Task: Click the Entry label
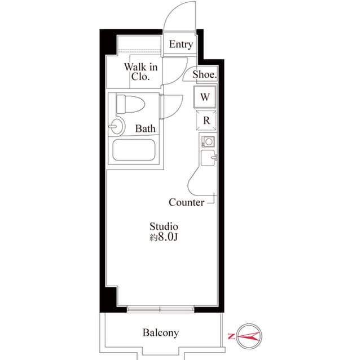(x=181, y=44)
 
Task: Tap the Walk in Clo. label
(x=140, y=72)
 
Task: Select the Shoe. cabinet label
(x=205, y=74)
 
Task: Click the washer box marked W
(x=205, y=97)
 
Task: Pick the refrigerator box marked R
(x=206, y=120)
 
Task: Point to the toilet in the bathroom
(x=129, y=104)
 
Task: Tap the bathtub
(x=135, y=150)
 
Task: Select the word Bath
(x=145, y=128)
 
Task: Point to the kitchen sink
(x=208, y=158)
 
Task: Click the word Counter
(x=186, y=202)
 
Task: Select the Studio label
(x=164, y=226)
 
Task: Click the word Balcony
(x=160, y=332)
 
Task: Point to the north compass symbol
(x=248, y=336)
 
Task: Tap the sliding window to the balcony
(x=160, y=309)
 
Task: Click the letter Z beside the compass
(x=232, y=336)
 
